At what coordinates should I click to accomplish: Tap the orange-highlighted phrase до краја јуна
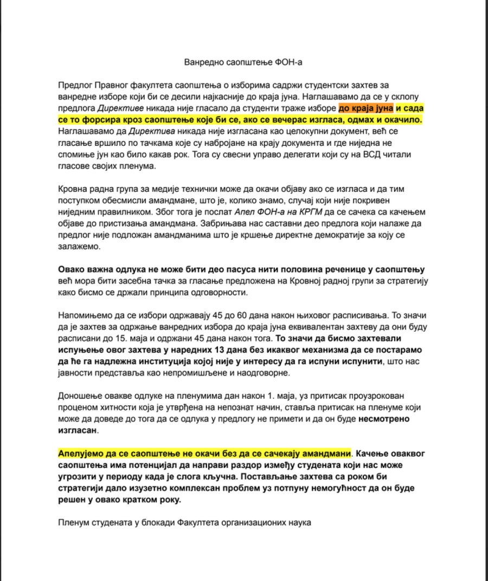pyautogui.click(x=365, y=107)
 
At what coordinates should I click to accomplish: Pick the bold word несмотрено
pyautogui.click(x=386, y=418)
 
